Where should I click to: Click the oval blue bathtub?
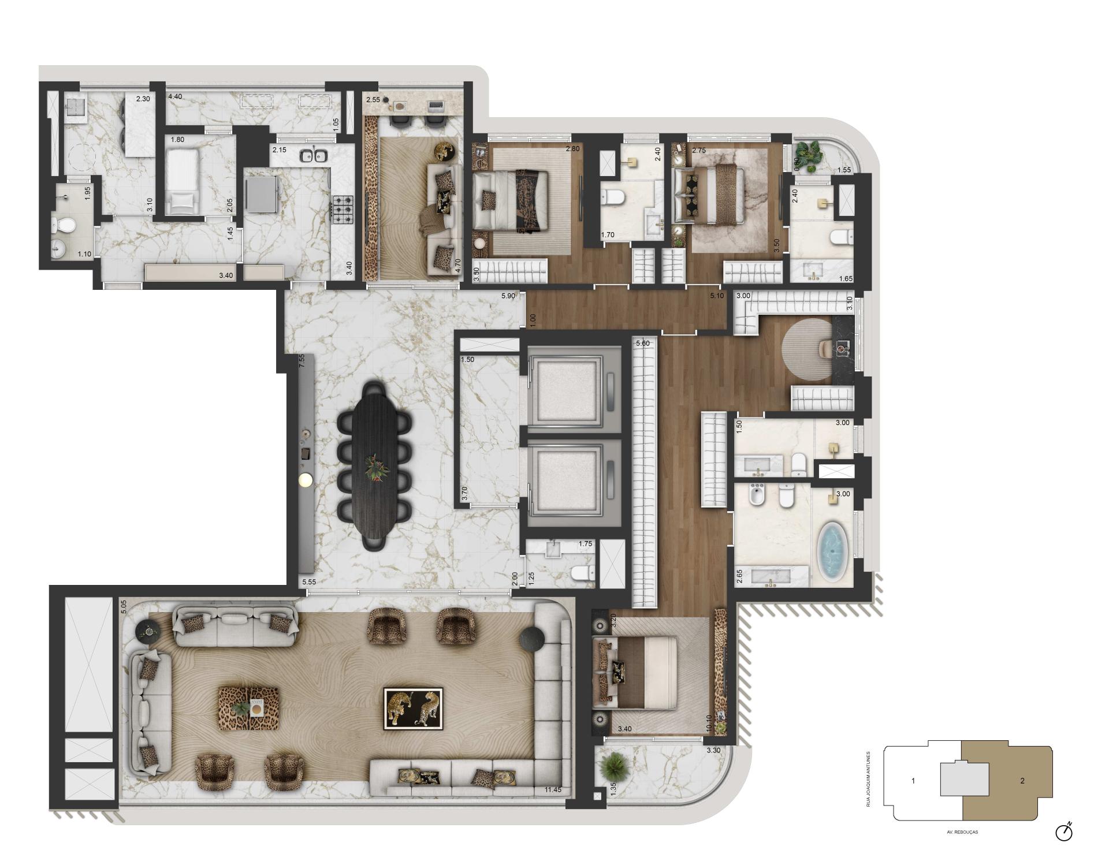(831, 551)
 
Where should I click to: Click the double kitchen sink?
(314, 155)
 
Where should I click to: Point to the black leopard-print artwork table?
(414, 708)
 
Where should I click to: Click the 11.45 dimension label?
(553, 790)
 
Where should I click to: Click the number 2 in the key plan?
(1022, 781)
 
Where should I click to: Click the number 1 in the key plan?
(913, 781)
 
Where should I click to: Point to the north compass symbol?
(1064, 832)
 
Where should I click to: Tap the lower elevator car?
(566, 480)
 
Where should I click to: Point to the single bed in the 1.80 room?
(183, 180)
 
